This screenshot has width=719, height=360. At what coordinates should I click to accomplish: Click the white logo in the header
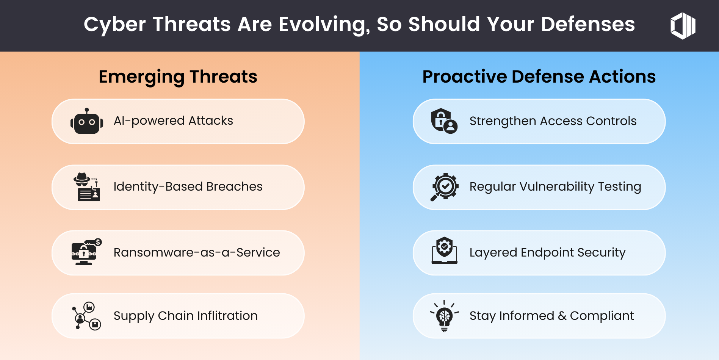683,26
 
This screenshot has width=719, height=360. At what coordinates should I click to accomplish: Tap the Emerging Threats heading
178,77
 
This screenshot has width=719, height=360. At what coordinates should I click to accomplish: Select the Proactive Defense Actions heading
539,77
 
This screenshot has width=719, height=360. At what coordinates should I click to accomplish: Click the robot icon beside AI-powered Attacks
87,121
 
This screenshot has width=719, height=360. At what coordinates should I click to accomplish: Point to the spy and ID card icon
87,187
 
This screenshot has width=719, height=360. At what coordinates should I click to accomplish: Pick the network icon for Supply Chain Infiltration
86,316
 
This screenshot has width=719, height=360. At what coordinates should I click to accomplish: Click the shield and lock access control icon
444,121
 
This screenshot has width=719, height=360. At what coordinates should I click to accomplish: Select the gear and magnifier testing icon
445,187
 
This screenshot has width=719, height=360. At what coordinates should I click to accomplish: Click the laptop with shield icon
445,250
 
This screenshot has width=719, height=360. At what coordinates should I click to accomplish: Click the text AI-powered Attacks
173,121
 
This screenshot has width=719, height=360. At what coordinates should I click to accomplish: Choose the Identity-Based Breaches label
188,187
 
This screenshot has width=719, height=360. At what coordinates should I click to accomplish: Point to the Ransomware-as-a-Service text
197,252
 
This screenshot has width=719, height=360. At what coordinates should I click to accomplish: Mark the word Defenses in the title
588,25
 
